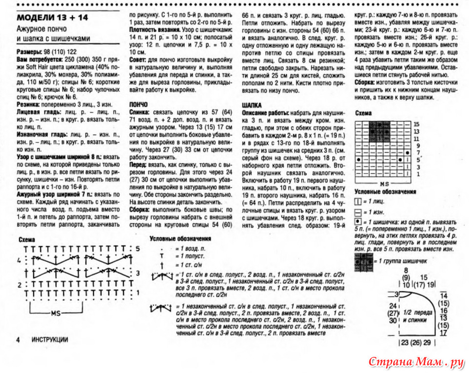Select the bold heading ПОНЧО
pos(140,104)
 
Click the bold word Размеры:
pos(32,51)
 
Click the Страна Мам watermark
pos(415,362)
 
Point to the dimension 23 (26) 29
pos(417,343)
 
